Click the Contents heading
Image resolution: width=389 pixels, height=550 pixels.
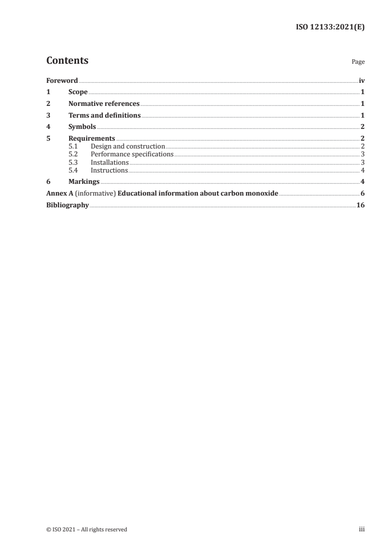click(x=67, y=61)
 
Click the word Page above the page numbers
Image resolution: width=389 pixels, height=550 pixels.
click(x=358, y=62)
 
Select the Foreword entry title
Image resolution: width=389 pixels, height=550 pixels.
click(x=62, y=80)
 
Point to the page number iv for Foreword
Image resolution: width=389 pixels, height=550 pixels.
click(x=362, y=80)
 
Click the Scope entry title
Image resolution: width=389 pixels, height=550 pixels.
click(x=78, y=92)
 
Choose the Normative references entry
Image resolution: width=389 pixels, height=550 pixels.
click(x=104, y=104)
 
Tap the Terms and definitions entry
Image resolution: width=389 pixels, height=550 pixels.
click(x=104, y=116)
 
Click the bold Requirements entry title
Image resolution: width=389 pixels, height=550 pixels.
click(x=92, y=139)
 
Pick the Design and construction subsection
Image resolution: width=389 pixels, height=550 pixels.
click(x=128, y=147)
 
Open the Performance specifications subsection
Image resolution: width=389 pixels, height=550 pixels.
click(x=132, y=154)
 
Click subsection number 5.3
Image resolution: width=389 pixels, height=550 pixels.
click(x=73, y=162)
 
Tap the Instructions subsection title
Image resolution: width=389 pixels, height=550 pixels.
click(x=109, y=170)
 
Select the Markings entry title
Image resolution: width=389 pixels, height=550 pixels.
click(x=84, y=182)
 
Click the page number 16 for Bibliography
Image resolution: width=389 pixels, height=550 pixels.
click(x=360, y=205)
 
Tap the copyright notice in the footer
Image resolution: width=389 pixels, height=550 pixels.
click(x=86, y=529)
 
